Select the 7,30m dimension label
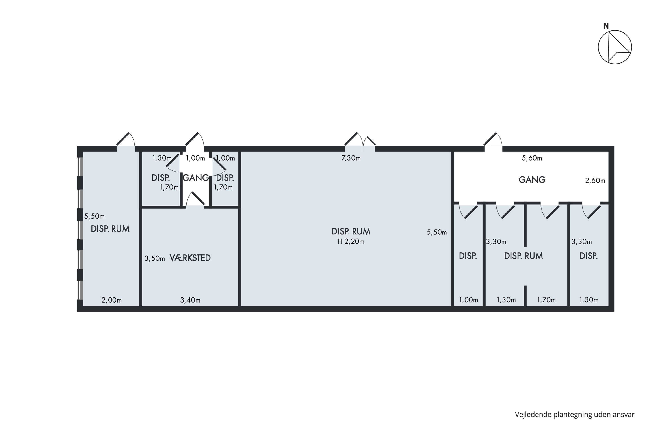[351, 158]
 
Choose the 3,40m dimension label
[190, 300]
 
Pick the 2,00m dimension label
[111, 300]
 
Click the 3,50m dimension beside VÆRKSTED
[155, 258]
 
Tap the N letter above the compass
[606, 26]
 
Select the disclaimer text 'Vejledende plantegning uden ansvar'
[574, 414]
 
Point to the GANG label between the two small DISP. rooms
[196, 178]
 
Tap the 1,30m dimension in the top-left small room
[162, 158]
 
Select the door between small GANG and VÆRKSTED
[195, 199]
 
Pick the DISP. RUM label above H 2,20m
[351, 232]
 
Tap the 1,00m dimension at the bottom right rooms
[468, 300]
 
